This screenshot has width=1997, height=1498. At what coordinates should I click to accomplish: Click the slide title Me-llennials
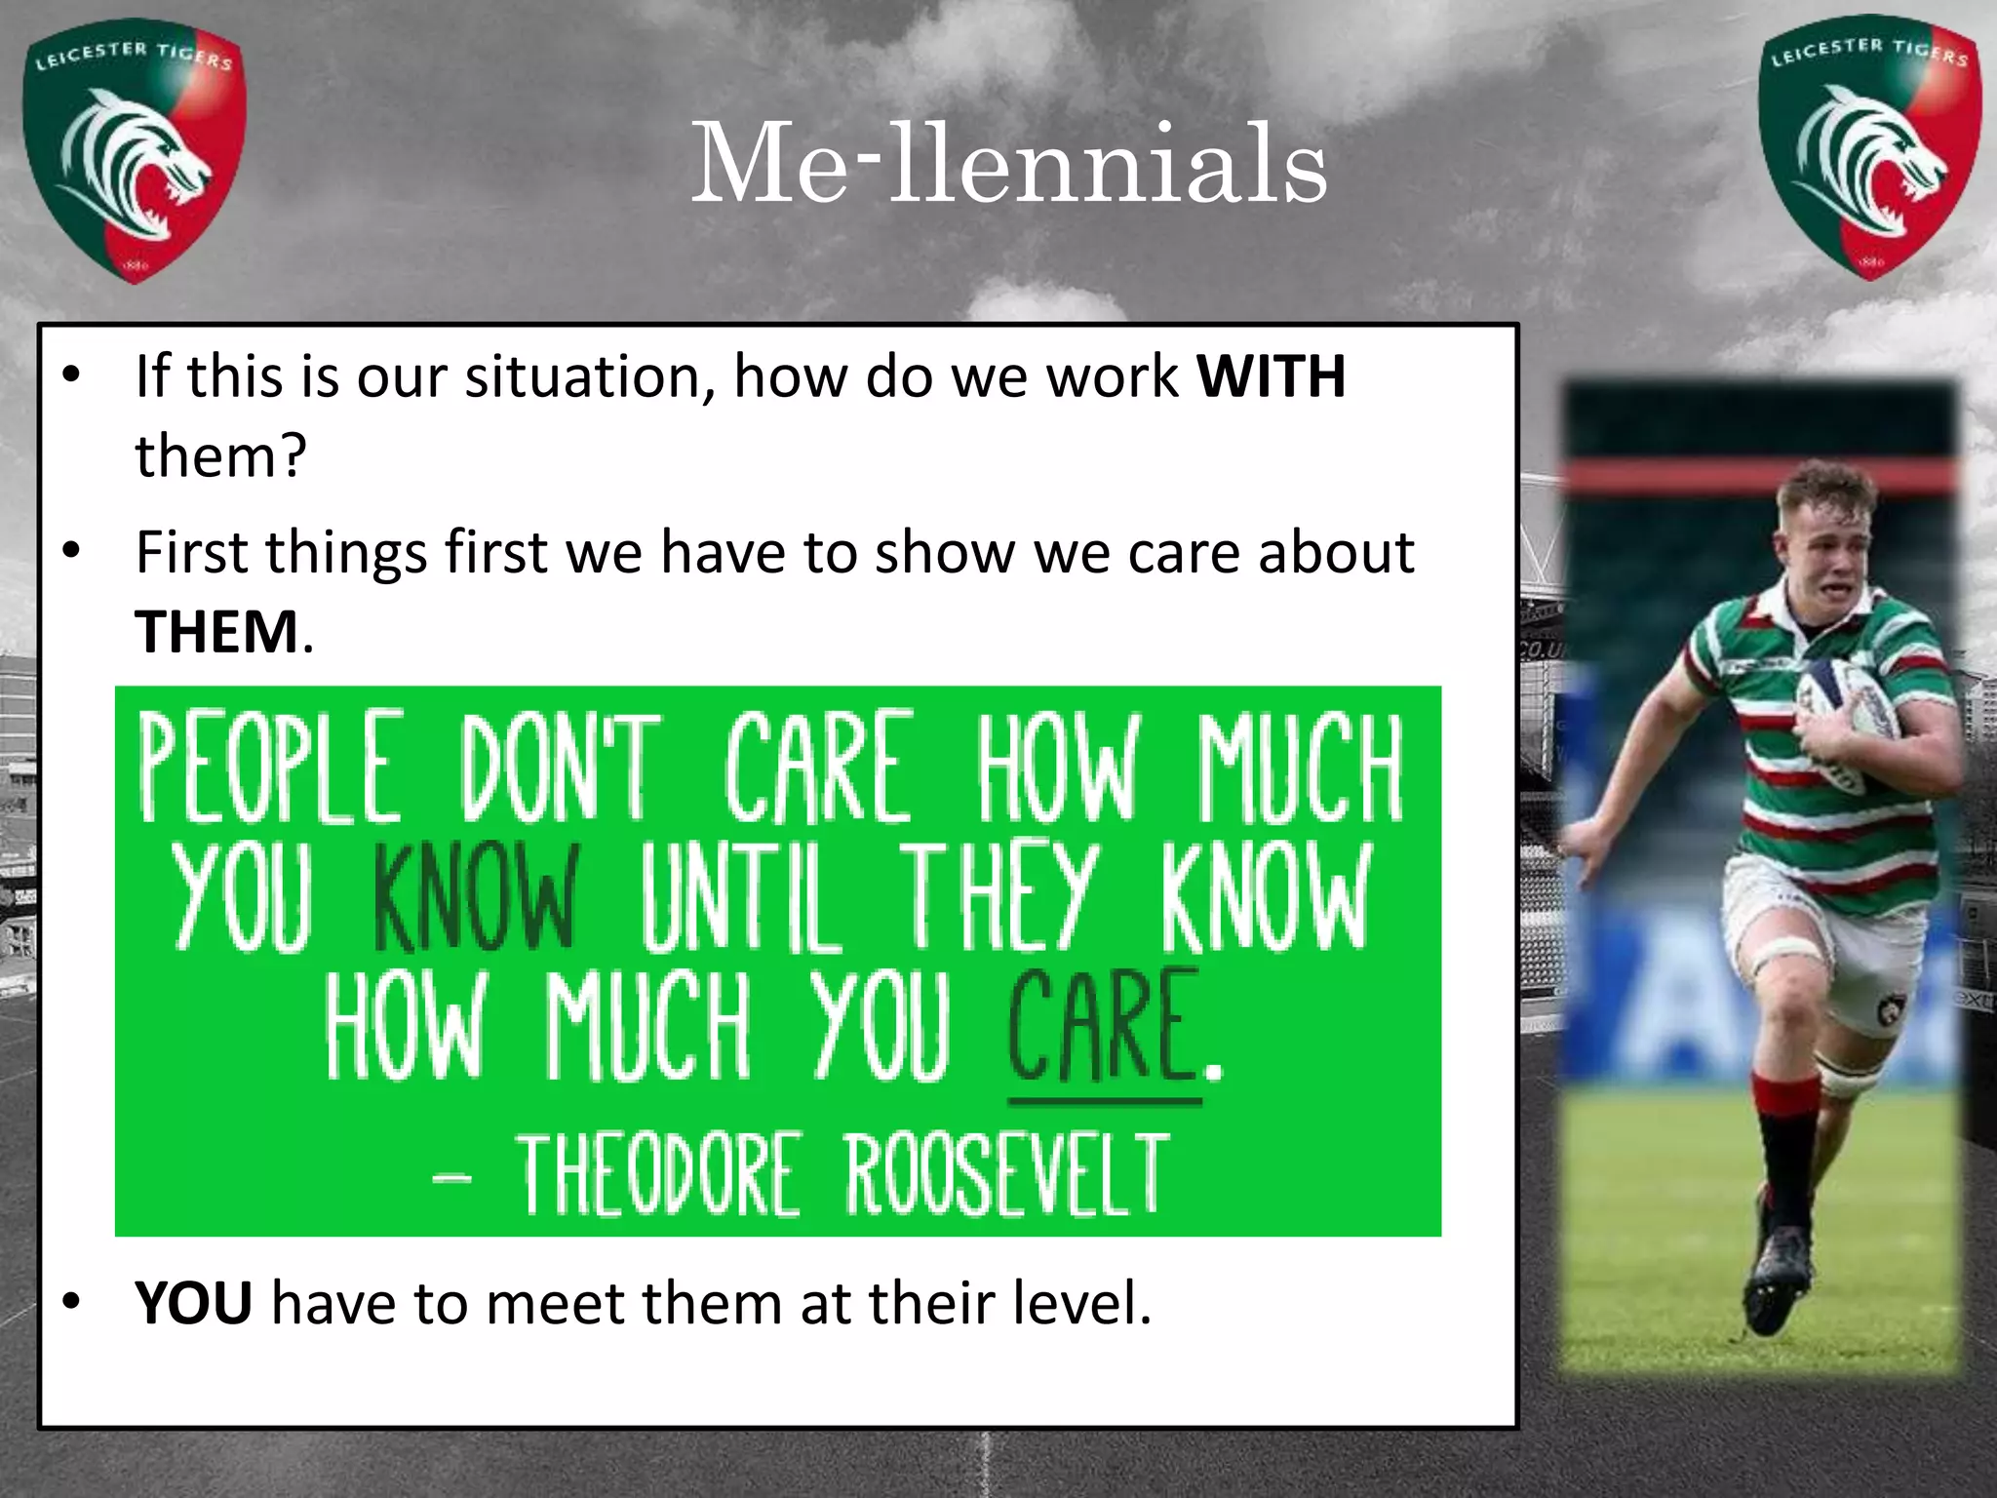[x=1008, y=164]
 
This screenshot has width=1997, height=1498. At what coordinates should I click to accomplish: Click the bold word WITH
[x=1271, y=376]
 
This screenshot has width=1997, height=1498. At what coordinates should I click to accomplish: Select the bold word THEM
[x=216, y=632]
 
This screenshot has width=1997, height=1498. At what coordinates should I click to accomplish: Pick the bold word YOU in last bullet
[x=194, y=1303]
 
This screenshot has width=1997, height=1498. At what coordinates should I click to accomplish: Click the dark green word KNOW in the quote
[x=475, y=896]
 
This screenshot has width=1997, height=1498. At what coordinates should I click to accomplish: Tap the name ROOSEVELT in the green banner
[x=1006, y=1174]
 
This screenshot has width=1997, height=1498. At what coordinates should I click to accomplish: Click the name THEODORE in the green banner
[x=658, y=1174]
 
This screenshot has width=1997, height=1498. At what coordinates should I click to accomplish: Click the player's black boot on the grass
[x=1780, y=1278]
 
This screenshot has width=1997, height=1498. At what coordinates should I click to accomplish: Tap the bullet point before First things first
[x=70, y=552]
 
